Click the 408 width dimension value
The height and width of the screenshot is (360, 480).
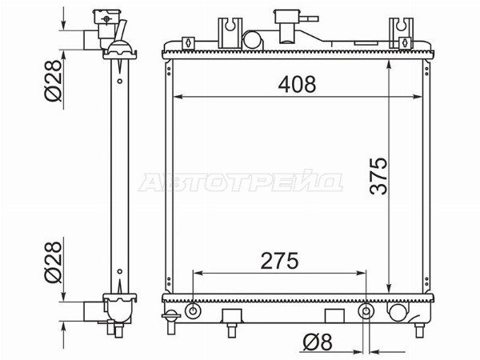pos(297,84)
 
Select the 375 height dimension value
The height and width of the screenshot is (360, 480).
pos(378,176)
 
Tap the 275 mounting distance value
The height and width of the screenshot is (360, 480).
pos(279,261)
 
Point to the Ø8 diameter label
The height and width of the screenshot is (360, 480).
pos(318,342)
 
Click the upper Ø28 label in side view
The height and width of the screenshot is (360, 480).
pos(53,81)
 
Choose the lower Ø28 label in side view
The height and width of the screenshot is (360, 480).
pos(53,262)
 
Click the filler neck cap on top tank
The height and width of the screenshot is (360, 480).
pos(287,17)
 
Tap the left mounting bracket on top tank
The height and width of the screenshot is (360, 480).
pos(230,33)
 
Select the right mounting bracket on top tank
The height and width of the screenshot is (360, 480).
pos(401,33)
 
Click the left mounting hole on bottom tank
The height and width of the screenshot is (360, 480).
pos(193,311)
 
